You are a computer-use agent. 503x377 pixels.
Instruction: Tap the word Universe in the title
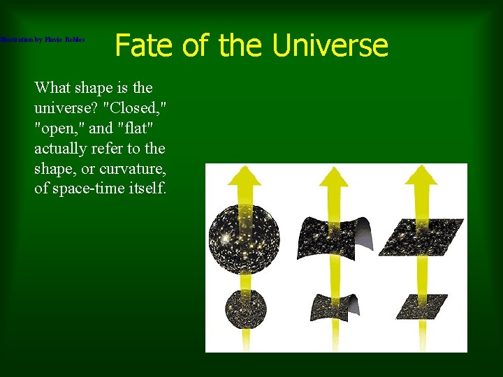coord(330,46)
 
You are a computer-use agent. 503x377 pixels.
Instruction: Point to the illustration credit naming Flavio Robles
coord(42,40)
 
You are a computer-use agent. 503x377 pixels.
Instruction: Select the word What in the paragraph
coord(54,88)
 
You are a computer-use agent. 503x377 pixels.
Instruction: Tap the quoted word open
coord(60,128)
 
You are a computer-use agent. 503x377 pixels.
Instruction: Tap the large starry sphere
coord(245,239)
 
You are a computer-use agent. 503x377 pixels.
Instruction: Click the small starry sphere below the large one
coord(244,308)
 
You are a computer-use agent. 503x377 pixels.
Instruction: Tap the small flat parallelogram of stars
coord(421,306)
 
